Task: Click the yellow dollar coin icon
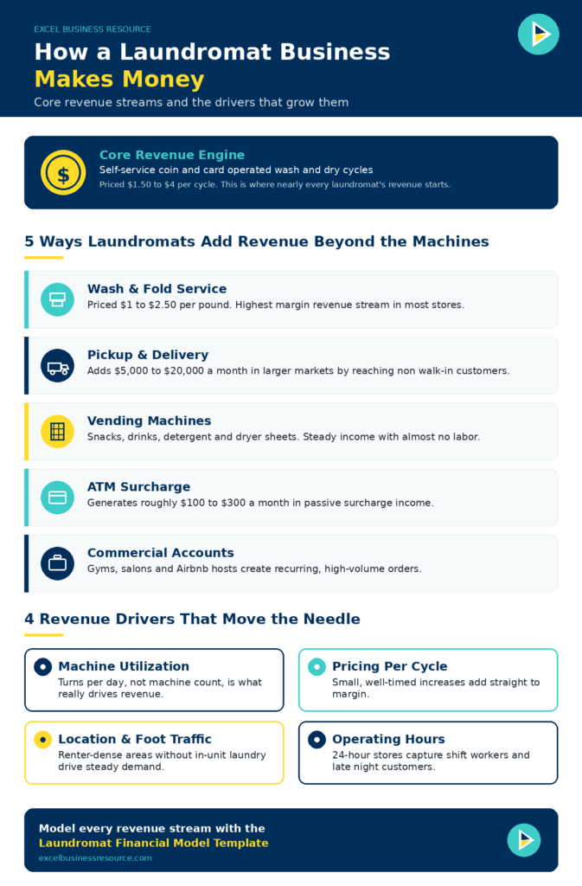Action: pyautogui.click(x=63, y=172)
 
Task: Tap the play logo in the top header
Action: pyautogui.click(x=539, y=35)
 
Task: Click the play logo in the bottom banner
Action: pyautogui.click(x=524, y=839)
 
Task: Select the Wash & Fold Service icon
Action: pyautogui.click(x=58, y=299)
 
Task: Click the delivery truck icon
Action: pyautogui.click(x=58, y=366)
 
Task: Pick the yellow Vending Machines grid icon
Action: pyautogui.click(x=58, y=432)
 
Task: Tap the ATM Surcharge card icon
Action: pyautogui.click(x=58, y=498)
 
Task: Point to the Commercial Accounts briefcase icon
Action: pyautogui.click(x=58, y=563)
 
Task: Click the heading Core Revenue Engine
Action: pyautogui.click(x=172, y=155)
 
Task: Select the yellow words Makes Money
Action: pyautogui.click(x=119, y=79)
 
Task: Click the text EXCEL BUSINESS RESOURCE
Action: pyautogui.click(x=93, y=29)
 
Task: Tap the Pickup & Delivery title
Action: pyautogui.click(x=148, y=355)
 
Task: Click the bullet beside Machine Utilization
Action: pyautogui.click(x=43, y=667)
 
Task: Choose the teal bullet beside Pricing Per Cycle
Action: pyautogui.click(x=317, y=667)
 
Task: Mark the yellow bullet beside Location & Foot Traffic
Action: pyautogui.click(x=43, y=740)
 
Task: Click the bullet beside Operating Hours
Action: pyautogui.click(x=317, y=740)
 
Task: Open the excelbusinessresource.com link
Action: pyautogui.click(x=95, y=857)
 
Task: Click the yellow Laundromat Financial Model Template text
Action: pyautogui.click(x=154, y=843)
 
